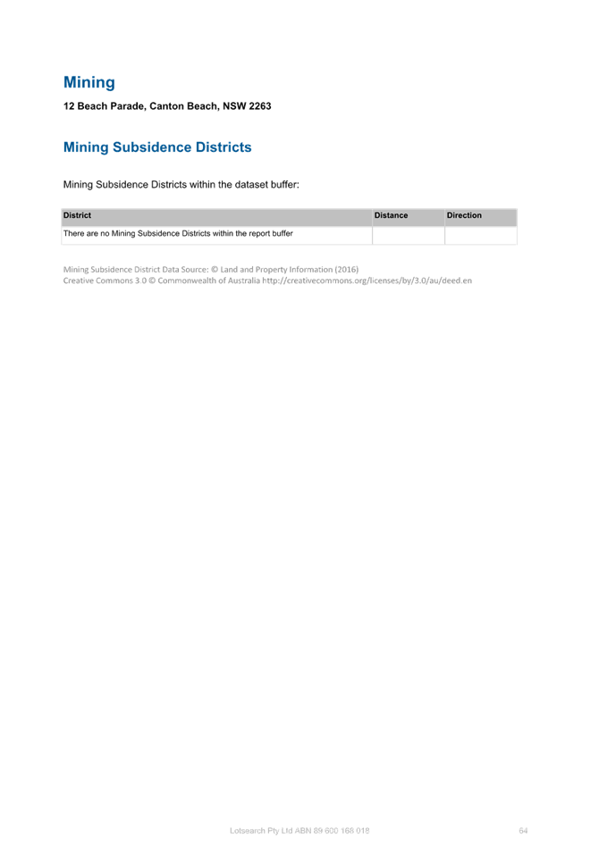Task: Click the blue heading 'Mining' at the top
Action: click(89, 82)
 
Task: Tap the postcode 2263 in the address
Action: click(260, 106)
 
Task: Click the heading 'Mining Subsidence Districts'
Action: click(157, 147)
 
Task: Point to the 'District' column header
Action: click(77, 215)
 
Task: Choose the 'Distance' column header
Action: click(391, 215)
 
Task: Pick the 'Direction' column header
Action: click(464, 215)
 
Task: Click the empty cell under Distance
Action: click(409, 235)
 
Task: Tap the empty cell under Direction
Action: click(481, 235)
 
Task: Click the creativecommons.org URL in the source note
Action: click(367, 281)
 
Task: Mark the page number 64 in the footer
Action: click(523, 830)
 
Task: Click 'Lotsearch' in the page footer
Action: click(248, 830)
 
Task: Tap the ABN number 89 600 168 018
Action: click(342, 830)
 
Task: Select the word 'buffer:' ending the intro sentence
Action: click(284, 185)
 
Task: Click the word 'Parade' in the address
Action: click(128, 106)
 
